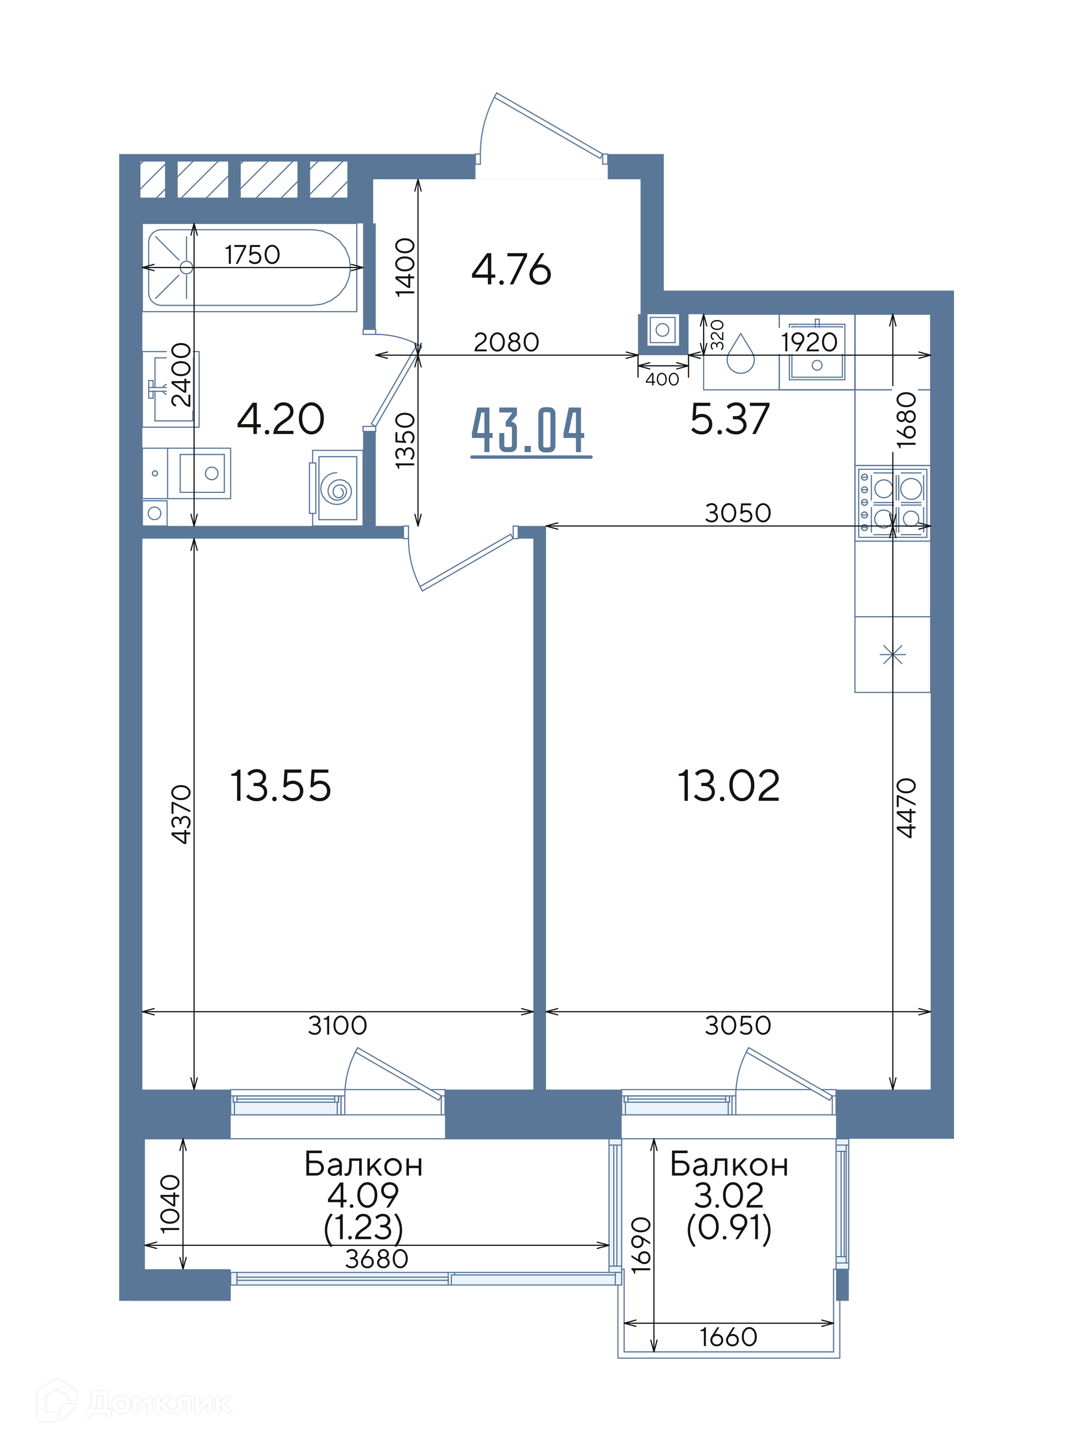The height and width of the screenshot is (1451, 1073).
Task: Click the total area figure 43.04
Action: pos(528,430)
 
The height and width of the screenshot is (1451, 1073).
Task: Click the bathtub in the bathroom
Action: pos(249,268)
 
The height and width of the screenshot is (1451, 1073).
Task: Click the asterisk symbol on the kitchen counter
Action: pos(892,654)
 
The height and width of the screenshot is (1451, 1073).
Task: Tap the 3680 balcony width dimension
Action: pos(376,1259)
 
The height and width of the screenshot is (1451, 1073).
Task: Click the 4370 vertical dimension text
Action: pos(181,814)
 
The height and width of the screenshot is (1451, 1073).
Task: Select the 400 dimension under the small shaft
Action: pos(662,379)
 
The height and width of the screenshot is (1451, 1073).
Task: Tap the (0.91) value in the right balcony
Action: pos(729,1227)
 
